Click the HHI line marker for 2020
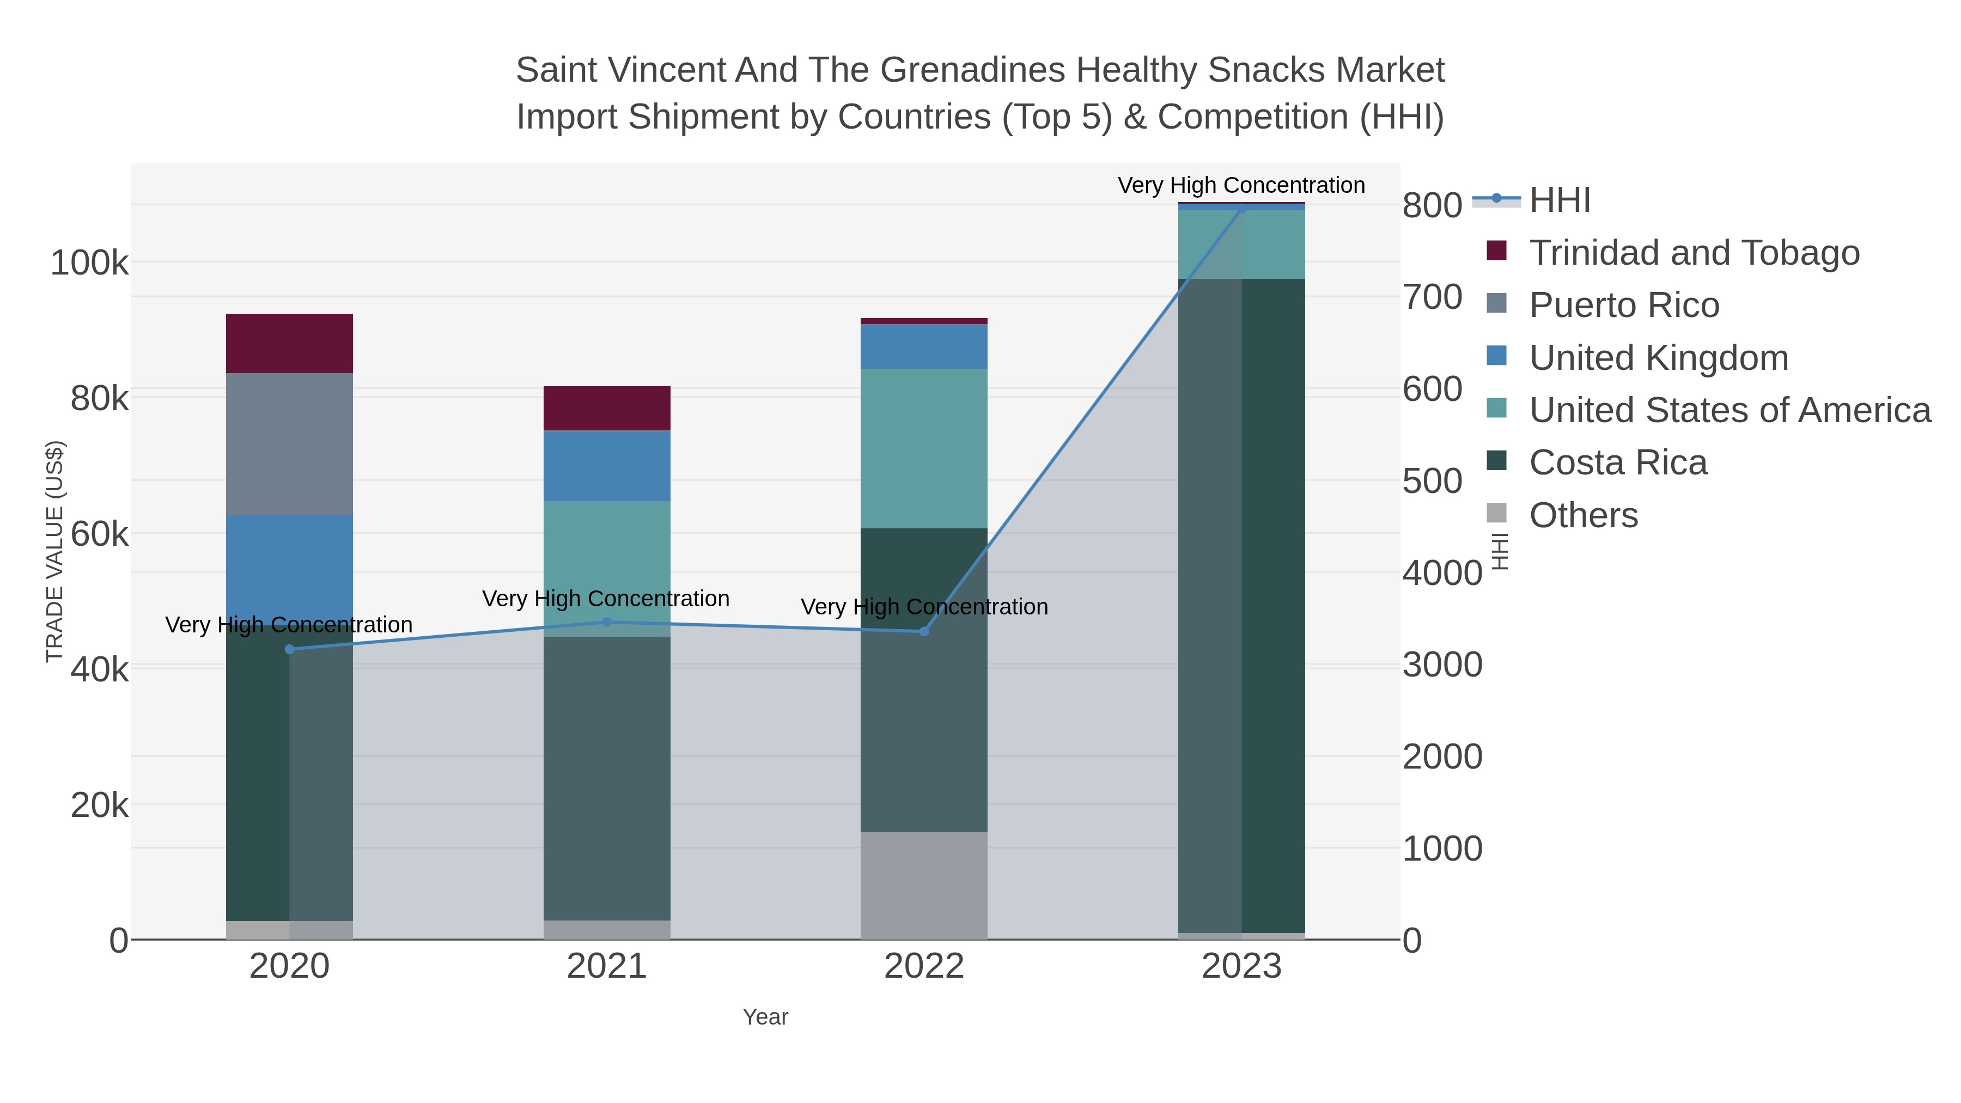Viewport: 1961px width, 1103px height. (289, 649)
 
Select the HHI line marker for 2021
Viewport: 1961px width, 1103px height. (607, 623)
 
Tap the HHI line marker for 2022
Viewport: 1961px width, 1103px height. (924, 631)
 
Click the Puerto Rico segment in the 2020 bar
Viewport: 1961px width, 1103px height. (289, 444)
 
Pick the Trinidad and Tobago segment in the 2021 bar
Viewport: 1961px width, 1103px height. (607, 408)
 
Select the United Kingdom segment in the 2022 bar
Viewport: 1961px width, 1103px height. (924, 346)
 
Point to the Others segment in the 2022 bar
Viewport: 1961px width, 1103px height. (924, 885)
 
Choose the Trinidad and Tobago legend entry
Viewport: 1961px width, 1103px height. (1694, 253)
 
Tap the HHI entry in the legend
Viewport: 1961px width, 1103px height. (1559, 200)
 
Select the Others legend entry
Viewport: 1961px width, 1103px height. (1584, 515)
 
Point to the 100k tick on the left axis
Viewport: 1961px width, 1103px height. (89, 264)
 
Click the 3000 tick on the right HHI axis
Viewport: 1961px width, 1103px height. (1442, 665)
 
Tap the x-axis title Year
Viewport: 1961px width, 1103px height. (765, 1017)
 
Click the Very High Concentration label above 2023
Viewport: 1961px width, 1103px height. (1241, 185)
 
